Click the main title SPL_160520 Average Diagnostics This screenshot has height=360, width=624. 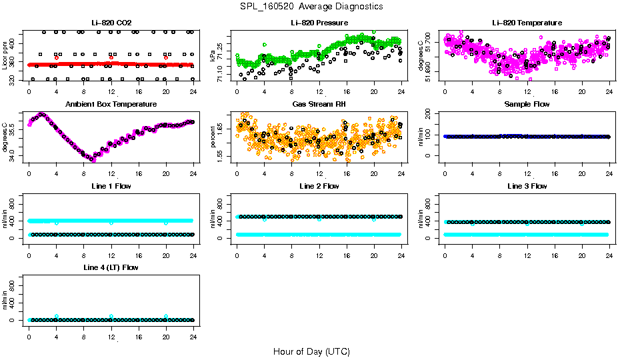(312, 6)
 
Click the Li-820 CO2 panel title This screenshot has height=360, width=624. (111, 23)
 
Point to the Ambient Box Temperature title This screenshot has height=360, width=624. (111, 104)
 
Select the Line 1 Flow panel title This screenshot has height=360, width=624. (111, 186)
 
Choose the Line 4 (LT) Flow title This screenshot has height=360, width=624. (111, 267)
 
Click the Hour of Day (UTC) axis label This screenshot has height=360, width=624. (311, 351)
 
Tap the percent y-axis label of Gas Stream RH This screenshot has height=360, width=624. (213, 137)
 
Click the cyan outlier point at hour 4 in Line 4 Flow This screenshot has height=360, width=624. (57, 316)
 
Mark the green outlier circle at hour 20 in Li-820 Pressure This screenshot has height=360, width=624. (373, 31)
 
